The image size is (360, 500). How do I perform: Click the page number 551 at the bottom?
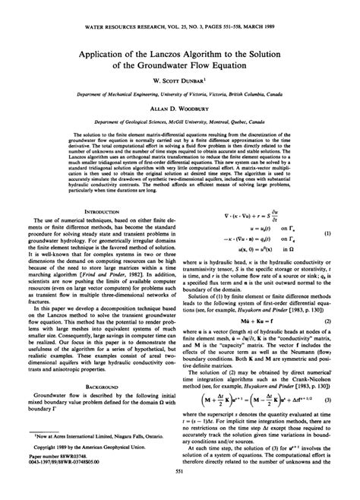point(180,491)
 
